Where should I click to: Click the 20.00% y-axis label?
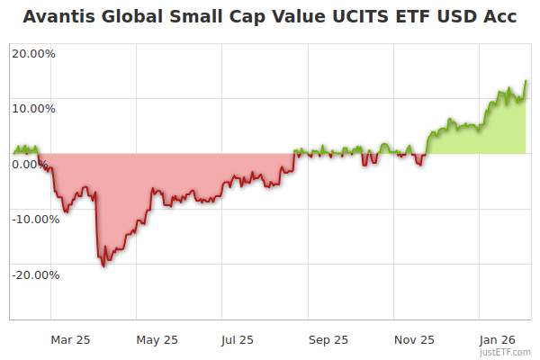click(33, 53)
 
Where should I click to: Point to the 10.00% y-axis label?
click(33, 108)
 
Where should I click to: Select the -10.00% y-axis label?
click(35, 219)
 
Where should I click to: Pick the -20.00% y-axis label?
click(35, 274)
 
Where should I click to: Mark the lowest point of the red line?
click(103, 266)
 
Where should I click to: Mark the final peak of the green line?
click(526, 81)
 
